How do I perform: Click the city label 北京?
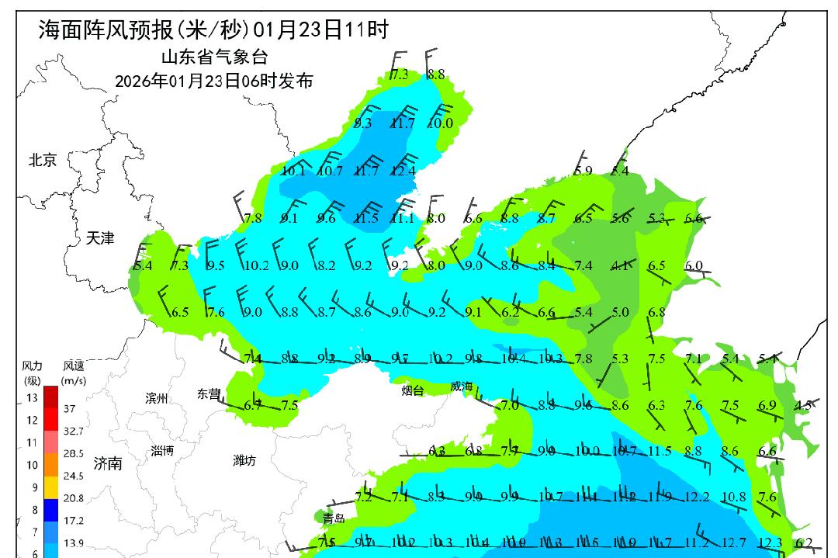click(43, 161)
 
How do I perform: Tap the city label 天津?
click(100, 238)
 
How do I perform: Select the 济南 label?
click(107, 463)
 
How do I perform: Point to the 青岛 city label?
click(334, 518)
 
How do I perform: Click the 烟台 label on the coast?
click(412, 390)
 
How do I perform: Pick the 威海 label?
click(461, 386)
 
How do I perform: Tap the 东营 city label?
click(209, 393)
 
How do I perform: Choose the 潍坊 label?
click(244, 460)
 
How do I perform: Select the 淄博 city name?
click(162, 451)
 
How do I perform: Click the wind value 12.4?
click(403, 171)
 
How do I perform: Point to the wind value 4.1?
click(620, 265)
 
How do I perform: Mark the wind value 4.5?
click(804, 404)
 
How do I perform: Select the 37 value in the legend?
click(69, 408)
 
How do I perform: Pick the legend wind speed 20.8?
click(74, 498)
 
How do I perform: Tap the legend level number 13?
click(32, 398)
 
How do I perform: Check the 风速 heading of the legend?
click(74, 365)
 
